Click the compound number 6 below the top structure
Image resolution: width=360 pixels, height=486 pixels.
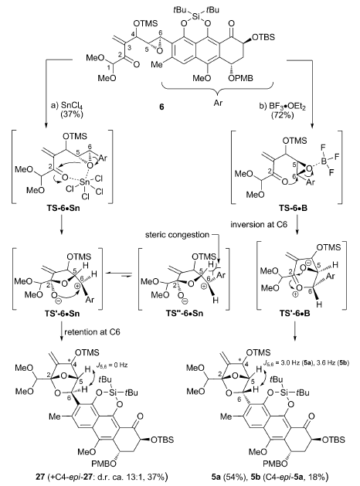(161, 107)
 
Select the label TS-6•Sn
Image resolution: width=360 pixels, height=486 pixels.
(62, 208)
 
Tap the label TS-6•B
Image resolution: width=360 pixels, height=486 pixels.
(293, 209)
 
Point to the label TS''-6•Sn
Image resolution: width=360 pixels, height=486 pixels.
(184, 313)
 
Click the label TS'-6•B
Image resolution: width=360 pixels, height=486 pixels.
(301, 313)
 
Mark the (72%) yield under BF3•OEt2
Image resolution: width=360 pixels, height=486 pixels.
(281, 115)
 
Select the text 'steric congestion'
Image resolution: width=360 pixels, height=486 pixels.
(177, 235)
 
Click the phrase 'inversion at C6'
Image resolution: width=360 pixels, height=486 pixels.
(260, 224)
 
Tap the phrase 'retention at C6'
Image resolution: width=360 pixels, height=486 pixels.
(93, 332)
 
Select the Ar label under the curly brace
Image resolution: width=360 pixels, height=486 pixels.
(218, 102)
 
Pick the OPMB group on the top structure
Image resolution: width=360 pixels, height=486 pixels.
(240, 78)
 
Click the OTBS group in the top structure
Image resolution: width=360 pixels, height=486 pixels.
(263, 37)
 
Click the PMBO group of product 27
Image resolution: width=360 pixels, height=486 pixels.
(104, 464)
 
